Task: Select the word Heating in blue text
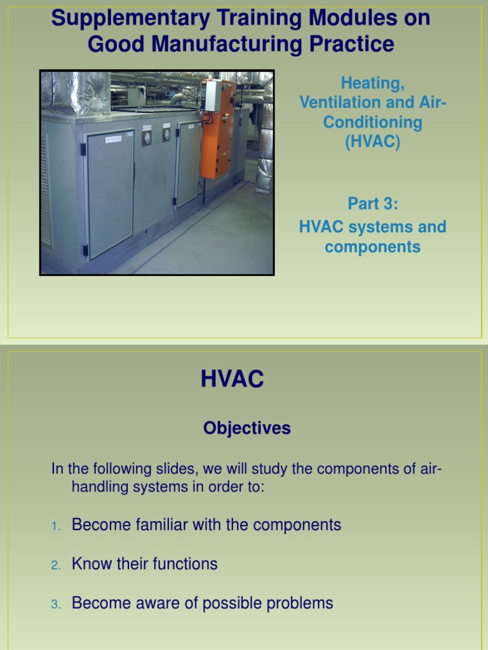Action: tap(372, 83)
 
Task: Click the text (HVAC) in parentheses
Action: tap(372, 142)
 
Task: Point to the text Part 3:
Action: tap(372, 204)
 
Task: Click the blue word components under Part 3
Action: tap(372, 247)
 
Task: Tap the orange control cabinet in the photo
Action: tap(217, 130)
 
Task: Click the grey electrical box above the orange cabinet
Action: tap(212, 95)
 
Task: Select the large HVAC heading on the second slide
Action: tap(232, 380)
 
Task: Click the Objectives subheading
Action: tap(247, 428)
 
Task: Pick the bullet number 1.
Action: tap(55, 526)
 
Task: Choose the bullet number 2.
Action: tap(55, 565)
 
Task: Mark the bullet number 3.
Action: tap(55, 604)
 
